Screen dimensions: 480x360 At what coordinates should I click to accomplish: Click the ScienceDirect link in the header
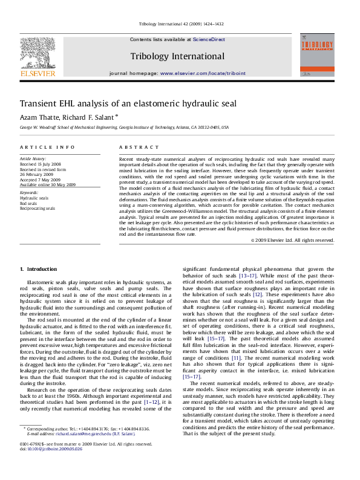209,39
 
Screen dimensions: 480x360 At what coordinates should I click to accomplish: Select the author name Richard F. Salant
90,117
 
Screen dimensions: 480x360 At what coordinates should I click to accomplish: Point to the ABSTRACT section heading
134,148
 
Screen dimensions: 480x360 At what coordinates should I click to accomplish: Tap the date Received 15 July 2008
41,164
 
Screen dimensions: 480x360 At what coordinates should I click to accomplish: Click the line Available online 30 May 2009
48,184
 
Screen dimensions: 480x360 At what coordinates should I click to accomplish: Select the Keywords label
30,193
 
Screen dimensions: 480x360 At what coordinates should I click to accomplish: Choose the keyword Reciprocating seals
38,208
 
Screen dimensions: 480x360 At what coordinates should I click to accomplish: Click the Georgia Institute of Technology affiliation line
124,128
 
